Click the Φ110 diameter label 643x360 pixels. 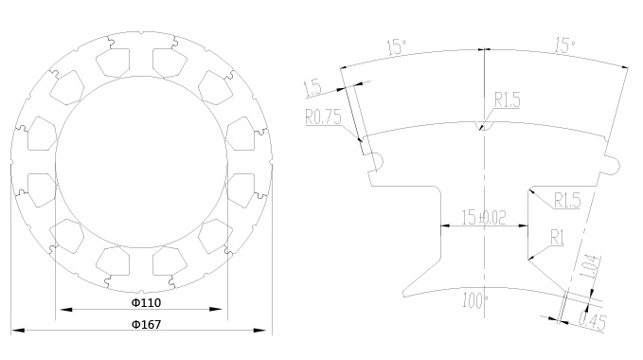(x=146, y=302)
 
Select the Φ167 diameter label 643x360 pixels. (x=146, y=324)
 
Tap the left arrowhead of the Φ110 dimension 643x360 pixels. (x=66, y=309)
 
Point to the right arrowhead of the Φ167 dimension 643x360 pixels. (x=260, y=330)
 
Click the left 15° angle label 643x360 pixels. (x=397, y=46)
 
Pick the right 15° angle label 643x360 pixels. (x=565, y=45)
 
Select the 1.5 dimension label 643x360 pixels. (x=313, y=88)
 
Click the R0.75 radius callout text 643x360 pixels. (x=323, y=117)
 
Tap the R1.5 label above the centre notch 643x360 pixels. (x=508, y=99)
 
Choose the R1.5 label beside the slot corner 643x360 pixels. (x=567, y=200)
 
